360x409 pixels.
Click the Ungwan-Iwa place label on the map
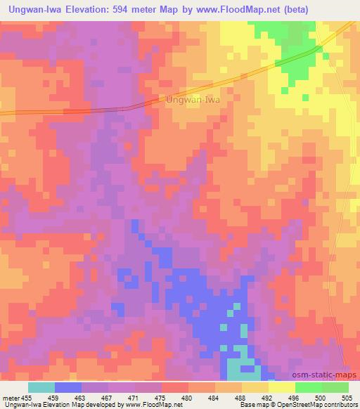(193, 100)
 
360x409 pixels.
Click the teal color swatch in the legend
(41, 387)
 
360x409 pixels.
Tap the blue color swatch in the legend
(68, 387)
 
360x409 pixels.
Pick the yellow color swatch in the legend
(281, 387)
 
